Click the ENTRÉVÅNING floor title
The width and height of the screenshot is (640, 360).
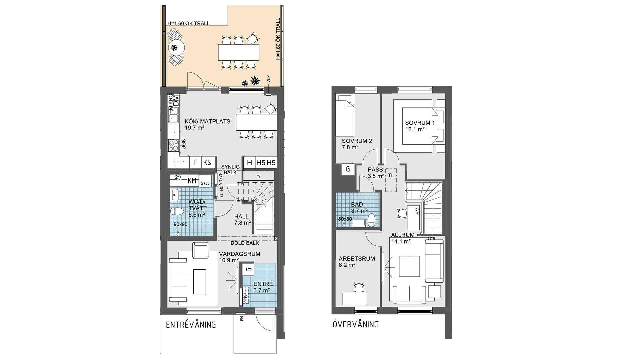191,324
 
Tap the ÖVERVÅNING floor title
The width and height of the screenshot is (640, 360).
356,324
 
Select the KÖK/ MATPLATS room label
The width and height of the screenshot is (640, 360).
207,121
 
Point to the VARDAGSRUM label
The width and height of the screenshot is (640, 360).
240,254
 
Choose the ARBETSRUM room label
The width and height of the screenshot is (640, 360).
357,259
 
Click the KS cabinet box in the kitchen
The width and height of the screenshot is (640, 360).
207,162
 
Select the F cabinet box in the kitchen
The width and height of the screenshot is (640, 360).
196,162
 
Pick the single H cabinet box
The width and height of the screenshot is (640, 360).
249,163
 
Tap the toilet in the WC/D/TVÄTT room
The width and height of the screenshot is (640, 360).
177,212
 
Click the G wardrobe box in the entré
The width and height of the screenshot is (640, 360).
248,269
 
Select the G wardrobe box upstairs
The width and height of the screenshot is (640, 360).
348,169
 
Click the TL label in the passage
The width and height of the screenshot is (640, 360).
391,175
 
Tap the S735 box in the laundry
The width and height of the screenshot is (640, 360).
205,183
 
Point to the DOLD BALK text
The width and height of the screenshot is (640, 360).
245,243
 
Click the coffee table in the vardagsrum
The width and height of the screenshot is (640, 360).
200,281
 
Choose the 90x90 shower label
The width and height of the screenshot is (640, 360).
180,224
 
